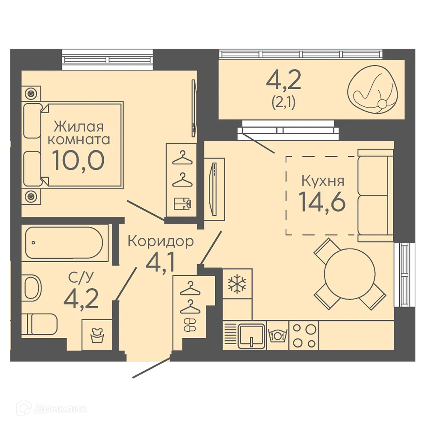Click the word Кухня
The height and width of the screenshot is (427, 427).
[x=323, y=181]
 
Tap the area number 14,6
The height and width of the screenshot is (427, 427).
[x=322, y=202]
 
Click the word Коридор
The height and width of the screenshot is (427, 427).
[x=161, y=242]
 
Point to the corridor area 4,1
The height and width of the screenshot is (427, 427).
[x=161, y=263]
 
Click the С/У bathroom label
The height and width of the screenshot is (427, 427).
[x=81, y=277]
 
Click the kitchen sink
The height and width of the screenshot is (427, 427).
[x=252, y=336]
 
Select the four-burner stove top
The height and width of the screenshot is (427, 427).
[x=304, y=336]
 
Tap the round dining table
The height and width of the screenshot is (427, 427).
[x=350, y=273]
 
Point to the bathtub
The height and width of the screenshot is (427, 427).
[x=64, y=243]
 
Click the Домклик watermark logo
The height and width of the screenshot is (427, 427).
[x=52, y=409]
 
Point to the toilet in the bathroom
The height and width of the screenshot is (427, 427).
[x=39, y=324]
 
